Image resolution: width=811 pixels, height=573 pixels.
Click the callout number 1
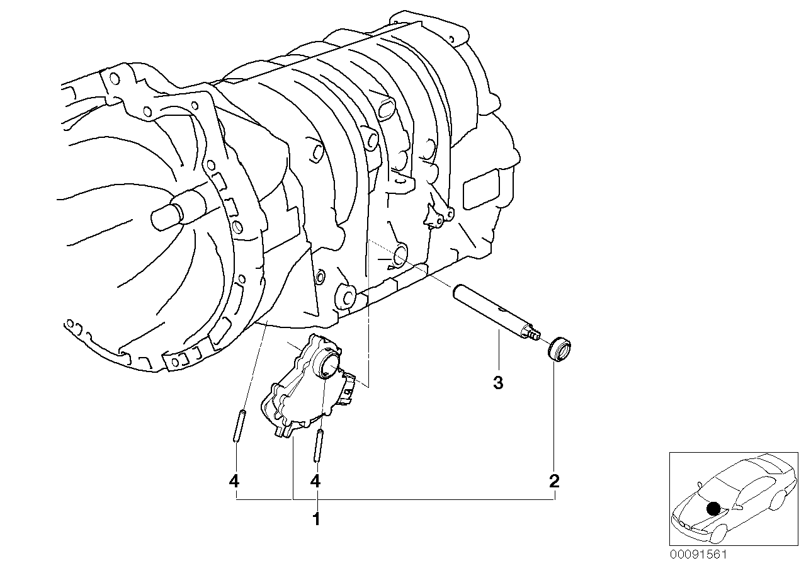pyautogui.click(x=316, y=519)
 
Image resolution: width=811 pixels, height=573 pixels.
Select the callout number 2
pyautogui.click(x=554, y=482)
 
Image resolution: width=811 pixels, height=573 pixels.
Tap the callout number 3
pyautogui.click(x=498, y=383)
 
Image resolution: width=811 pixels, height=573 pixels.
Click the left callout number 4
pyautogui.click(x=234, y=482)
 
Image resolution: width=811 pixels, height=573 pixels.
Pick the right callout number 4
pyautogui.click(x=315, y=482)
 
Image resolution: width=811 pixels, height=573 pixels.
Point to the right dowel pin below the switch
pyautogui.click(x=320, y=445)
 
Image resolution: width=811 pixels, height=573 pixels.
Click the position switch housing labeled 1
pyautogui.click(x=296, y=397)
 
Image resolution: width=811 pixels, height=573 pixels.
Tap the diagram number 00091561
pyautogui.click(x=698, y=555)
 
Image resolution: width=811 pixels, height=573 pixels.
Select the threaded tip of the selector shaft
pyautogui.click(x=535, y=334)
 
